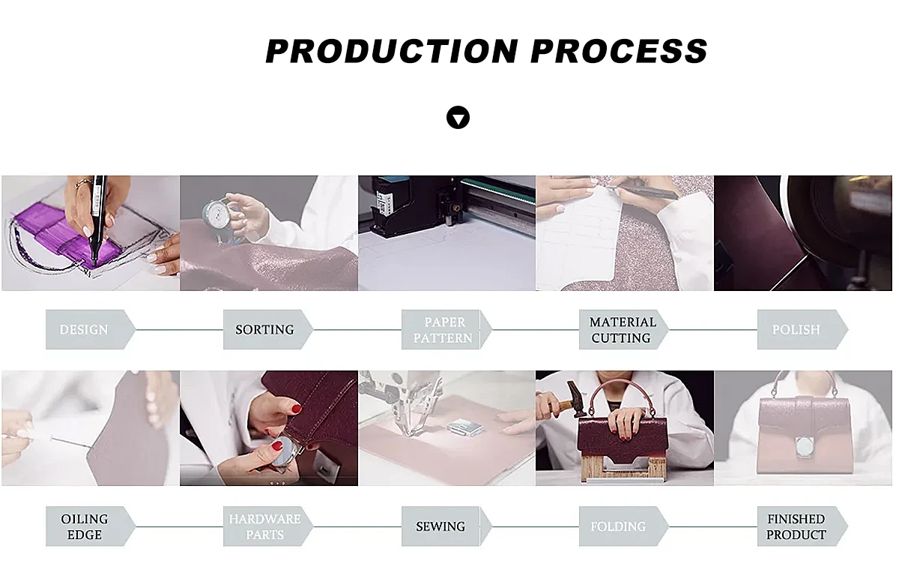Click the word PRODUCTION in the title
pyautogui.click(x=392, y=51)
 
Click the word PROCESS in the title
pyautogui.click(x=620, y=51)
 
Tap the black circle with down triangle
pyautogui.click(x=458, y=118)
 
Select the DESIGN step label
pyautogui.click(x=83, y=330)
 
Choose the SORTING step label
pyautogui.click(x=264, y=330)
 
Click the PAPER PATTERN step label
pyautogui.click(x=443, y=330)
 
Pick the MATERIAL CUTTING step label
pyautogui.click(x=623, y=330)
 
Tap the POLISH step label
pyautogui.click(x=796, y=330)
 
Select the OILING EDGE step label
pyautogui.click(x=84, y=526)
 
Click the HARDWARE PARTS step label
pyautogui.click(x=265, y=526)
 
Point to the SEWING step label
pyautogui.click(x=441, y=526)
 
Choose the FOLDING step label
pyautogui.click(x=618, y=526)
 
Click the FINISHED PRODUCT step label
pyautogui.click(x=796, y=526)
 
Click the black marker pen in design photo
pyautogui.click(x=98, y=221)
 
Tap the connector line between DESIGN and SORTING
pyautogui.click(x=179, y=330)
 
